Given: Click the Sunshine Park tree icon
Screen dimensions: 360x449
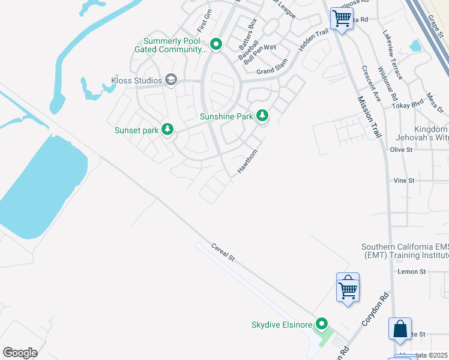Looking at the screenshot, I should (x=262, y=116).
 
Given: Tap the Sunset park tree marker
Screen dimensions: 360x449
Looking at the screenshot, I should (x=168, y=130).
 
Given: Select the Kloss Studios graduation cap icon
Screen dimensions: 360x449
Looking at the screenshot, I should (x=171, y=80).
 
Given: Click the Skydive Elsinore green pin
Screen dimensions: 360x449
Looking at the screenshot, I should (x=322, y=325).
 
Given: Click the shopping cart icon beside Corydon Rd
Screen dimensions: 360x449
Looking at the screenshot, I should (x=348, y=289).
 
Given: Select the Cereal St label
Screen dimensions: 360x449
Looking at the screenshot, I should (x=222, y=252).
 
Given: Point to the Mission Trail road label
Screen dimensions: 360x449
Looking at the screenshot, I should (x=369, y=118).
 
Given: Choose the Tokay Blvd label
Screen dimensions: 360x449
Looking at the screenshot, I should (x=408, y=106).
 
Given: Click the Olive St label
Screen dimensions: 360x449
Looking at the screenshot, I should (x=402, y=149).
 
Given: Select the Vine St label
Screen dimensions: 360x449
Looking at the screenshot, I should (x=404, y=181).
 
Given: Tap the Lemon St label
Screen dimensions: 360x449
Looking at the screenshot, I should (x=412, y=272).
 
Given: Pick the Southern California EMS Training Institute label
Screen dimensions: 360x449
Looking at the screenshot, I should (x=404, y=251).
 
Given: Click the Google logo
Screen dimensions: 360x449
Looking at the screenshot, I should (x=20, y=352).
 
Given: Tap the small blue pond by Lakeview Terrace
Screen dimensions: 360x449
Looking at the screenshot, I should (x=415, y=46).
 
